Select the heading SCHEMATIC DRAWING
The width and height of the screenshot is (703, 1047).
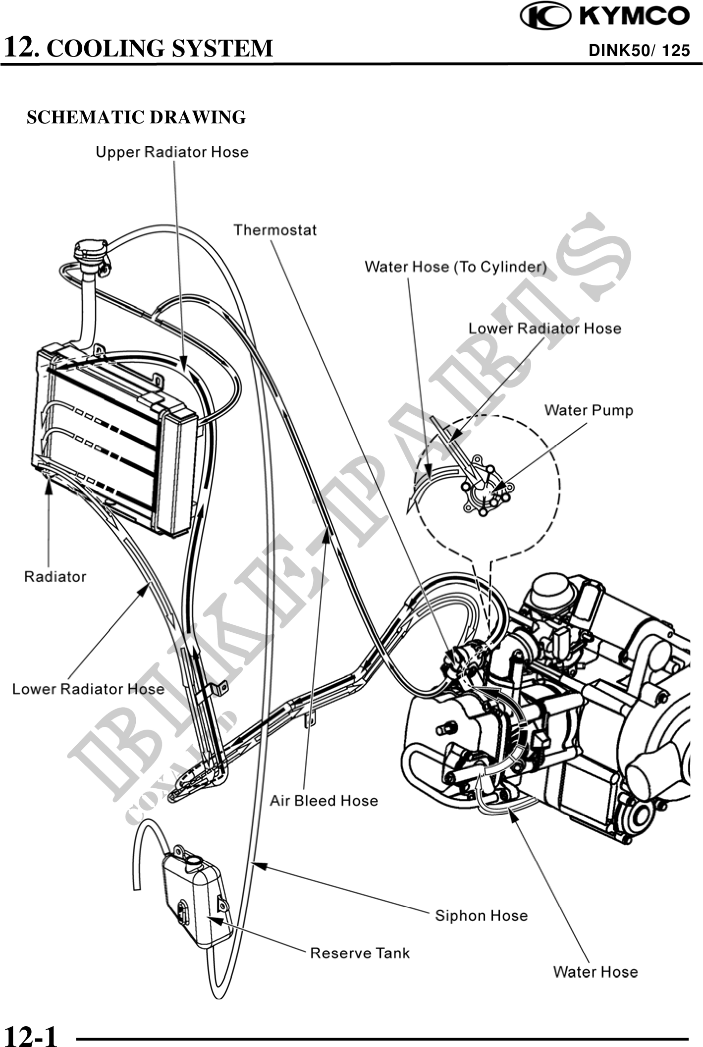(x=136, y=117)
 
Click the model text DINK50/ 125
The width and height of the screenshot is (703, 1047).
(x=639, y=50)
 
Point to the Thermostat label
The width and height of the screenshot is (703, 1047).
(x=275, y=230)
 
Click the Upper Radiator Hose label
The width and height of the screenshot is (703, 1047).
(x=172, y=152)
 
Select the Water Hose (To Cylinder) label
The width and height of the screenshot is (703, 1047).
(x=456, y=267)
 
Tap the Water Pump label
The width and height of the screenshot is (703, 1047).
(x=589, y=410)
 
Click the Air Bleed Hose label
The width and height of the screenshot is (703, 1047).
(x=324, y=800)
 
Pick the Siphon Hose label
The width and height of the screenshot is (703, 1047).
(x=481, y=916)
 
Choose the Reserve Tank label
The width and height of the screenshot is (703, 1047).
(x=360, y=953)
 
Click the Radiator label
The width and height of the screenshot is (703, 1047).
(x=55, y=577)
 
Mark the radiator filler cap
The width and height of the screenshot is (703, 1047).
(x=90, y=251)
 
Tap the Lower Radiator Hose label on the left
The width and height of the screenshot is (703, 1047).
(x=88, y=689)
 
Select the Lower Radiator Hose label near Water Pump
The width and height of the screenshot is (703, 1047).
(x=544, y=328)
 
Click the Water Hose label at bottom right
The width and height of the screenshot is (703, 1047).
(x=595, y=972)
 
